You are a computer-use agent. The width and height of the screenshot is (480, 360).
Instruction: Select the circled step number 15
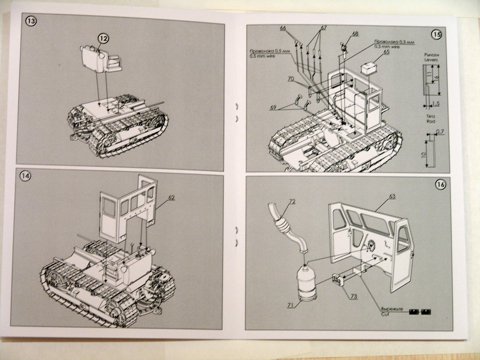point(436,34)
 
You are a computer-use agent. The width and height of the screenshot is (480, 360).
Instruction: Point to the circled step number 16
point(440,185)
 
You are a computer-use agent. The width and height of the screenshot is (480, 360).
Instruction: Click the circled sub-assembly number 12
point(103,38)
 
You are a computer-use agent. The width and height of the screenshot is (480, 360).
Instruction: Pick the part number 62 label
point(172,198)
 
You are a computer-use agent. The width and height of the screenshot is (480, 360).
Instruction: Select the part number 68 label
point(355,34)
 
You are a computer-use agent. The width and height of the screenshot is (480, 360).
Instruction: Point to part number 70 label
point(291,80)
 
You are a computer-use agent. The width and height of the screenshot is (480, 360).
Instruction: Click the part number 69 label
point(273,107)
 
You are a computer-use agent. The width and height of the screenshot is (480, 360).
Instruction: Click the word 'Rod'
point(431,121)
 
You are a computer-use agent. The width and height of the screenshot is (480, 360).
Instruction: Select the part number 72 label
point(292,202)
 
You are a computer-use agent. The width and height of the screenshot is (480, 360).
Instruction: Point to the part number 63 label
point(392,196)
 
